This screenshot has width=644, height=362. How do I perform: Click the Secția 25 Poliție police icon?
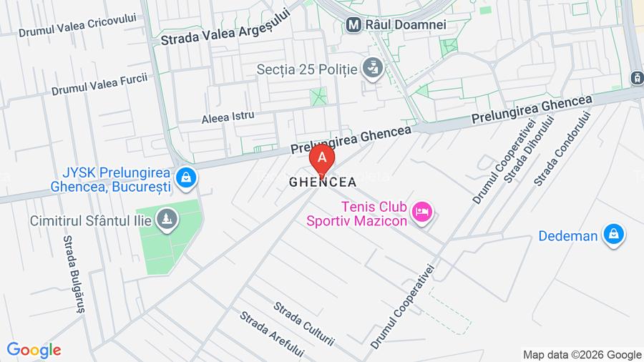[x=372, y=69]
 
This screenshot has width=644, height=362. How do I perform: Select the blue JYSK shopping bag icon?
[x=186, y=177]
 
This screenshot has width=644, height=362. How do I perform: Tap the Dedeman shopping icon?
[x=613, y=234]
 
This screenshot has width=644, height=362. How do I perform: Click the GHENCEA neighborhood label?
[x=323, y=182]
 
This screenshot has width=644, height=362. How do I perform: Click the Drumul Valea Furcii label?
[x=99, y=84]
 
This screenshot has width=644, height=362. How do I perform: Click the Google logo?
[x=34, y=350]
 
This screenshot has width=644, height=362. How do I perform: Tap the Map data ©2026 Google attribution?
[x=582, y=355]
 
